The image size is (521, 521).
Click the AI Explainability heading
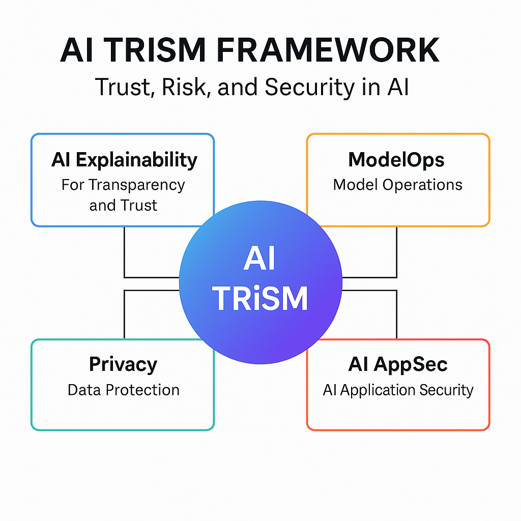[x=124, y=160]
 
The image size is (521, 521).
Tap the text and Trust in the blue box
[x=123, y=205]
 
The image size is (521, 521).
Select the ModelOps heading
[x=396, y=160]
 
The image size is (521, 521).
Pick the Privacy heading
[x=123, y=364]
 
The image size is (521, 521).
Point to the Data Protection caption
[x=123, y=390]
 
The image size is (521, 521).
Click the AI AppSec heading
[x=397, y=364]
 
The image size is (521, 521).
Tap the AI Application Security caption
[x=398, y=390]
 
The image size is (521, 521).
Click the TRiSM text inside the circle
[x=260, y=299]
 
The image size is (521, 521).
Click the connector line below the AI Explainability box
[x=125, y=252]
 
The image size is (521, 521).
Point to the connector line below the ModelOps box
[x=396, y=252]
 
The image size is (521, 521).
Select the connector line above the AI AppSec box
[x=396, y=315]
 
